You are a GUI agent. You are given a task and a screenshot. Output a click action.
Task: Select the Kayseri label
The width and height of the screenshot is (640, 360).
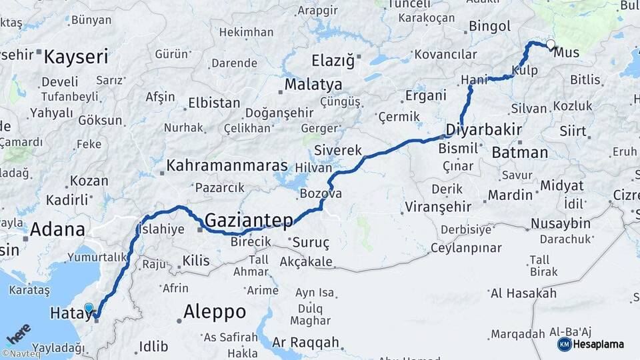[76, 57]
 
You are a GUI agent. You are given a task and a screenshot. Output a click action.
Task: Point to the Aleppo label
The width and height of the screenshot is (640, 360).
[214, 311]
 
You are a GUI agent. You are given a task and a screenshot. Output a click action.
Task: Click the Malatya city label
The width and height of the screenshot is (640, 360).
[313, 85]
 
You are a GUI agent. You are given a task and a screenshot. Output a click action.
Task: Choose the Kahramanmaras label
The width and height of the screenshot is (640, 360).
[227, 165]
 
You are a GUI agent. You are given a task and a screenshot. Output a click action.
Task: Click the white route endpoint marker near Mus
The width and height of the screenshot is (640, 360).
[551, 45]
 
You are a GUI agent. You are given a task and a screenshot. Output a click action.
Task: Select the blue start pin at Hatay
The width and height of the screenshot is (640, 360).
[89, 308]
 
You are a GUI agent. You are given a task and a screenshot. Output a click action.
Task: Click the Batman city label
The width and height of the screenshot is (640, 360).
[519, 153]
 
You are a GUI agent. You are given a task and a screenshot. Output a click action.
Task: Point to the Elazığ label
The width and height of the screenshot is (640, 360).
[333, 61]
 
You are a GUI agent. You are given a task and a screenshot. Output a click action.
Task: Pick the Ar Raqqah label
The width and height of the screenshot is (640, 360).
[306, 343]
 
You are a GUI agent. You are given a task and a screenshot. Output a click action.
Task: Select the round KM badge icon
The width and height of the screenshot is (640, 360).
[565, 344]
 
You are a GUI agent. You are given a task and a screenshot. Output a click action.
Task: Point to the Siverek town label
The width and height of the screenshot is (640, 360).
[338, 150]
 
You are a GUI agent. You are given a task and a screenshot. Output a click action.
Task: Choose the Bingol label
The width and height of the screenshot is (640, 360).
[489, 27]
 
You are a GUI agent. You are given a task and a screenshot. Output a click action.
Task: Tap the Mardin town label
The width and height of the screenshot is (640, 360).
[510, 195]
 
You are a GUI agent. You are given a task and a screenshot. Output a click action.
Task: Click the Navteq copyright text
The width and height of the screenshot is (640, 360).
[21, 354]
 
